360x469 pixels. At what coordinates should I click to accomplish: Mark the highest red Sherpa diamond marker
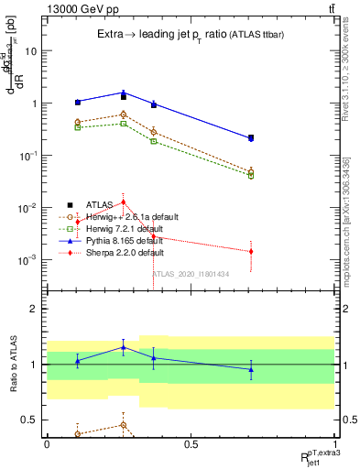tap(123, 202)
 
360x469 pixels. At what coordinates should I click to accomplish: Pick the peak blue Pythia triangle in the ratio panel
tap(123, 347)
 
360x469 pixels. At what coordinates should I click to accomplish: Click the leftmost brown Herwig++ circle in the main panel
tap(78, 122)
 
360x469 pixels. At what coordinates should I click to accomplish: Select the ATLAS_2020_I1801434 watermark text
tap(190, 274)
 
